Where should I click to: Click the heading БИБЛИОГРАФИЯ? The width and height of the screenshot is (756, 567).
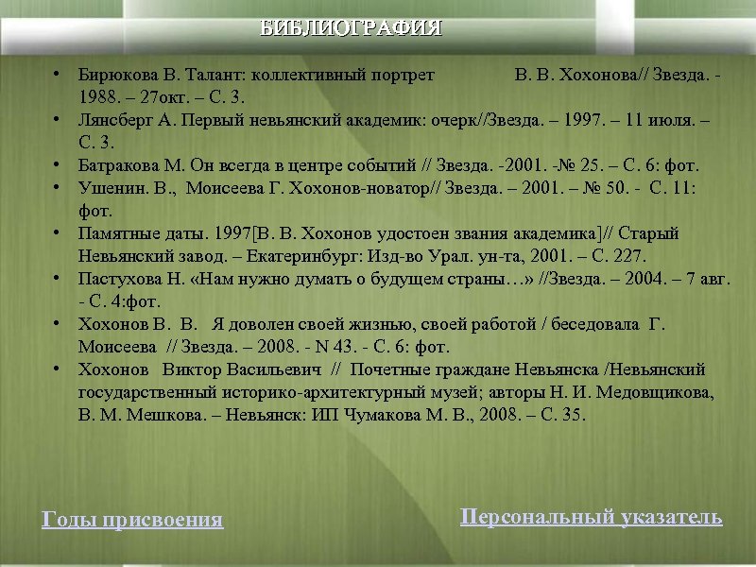click(352, 28)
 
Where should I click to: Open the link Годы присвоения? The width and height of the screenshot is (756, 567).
click(132, 520)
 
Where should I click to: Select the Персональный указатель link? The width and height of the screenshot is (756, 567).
click(591, 516)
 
